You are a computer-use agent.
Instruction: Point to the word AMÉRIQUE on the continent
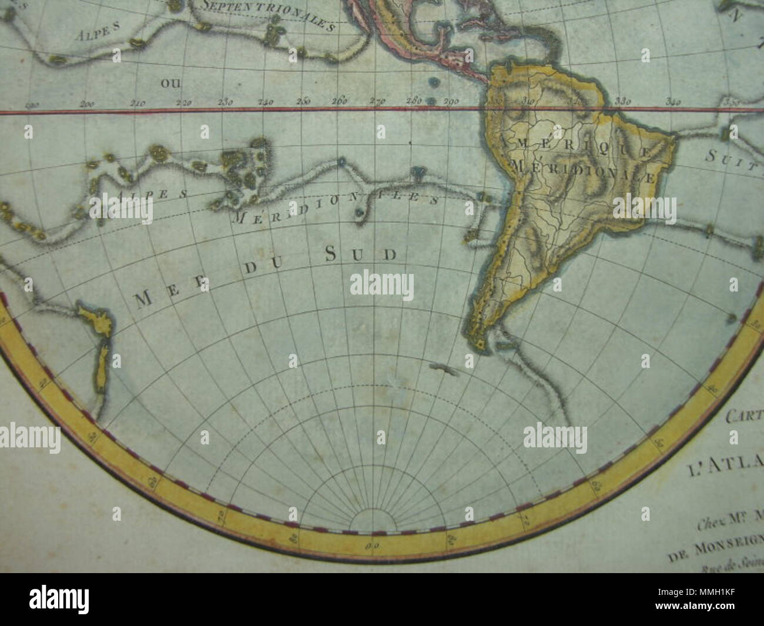click(574, 146)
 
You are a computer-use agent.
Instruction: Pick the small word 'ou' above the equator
click(168, 83)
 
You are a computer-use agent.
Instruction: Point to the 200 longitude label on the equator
click(88, 104)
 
